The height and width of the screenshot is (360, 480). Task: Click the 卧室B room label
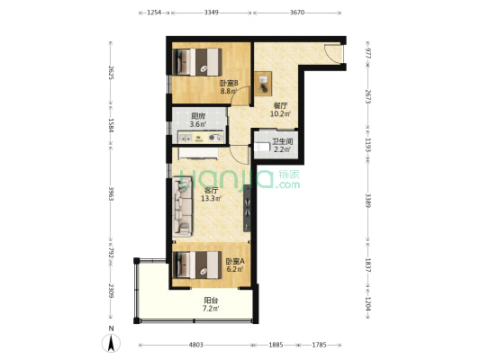pos(229,83)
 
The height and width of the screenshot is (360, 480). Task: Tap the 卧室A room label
pos(235,262)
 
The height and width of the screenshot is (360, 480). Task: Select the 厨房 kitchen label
pos(198,116)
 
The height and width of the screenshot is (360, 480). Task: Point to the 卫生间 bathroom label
pos(282,141)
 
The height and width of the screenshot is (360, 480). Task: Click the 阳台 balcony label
pos(211,301)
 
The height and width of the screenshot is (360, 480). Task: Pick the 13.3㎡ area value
pos(212,199)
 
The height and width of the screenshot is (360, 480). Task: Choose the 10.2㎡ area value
pos(280,113)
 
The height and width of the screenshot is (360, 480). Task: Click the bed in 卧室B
pos(197,62)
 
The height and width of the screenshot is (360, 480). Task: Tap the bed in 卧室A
pos(197,265)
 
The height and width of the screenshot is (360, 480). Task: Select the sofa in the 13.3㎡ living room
pos(183,207)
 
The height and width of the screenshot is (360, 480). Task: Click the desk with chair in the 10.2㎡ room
pos(263,84)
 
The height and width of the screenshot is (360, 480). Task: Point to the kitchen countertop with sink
pos(201,138)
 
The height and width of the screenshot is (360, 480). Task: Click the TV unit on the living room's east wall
pos(247,208)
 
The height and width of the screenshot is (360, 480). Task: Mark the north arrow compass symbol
pos(111,343)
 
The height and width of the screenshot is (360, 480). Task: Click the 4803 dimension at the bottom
pos(196,345)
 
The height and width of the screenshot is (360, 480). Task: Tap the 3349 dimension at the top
pos(212,13)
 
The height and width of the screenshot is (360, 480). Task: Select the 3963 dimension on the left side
pos(111,193)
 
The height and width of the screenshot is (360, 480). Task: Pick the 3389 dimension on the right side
pos(368,201)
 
